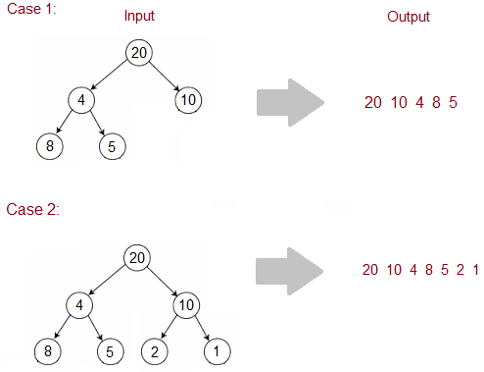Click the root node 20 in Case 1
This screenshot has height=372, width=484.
pyautogui.click(x=139, y=52)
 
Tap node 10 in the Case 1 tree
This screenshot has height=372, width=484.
pyautogui.click(x=187, y=99)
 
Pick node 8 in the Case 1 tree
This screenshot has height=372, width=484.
pyautogui.click(x=47, y=147)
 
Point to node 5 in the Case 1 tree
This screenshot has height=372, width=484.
pyautogui.click(x=112, y=147)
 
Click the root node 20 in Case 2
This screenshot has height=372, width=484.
pyautogui.click(x=138, y=257)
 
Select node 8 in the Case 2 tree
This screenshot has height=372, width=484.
pyautogui.click(x=47, y=350)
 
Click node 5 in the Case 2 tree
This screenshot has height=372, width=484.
pyautogui.click(x=113, y=350)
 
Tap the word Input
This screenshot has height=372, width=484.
pyautogui.click(x=139, y=17)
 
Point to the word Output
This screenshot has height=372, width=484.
pyautogui.click(x=407, y=17)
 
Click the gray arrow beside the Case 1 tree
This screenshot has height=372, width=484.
pyautogui.click(x=288, y=103)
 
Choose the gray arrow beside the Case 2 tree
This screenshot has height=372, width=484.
pyautogui.click(x=288, y=270)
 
